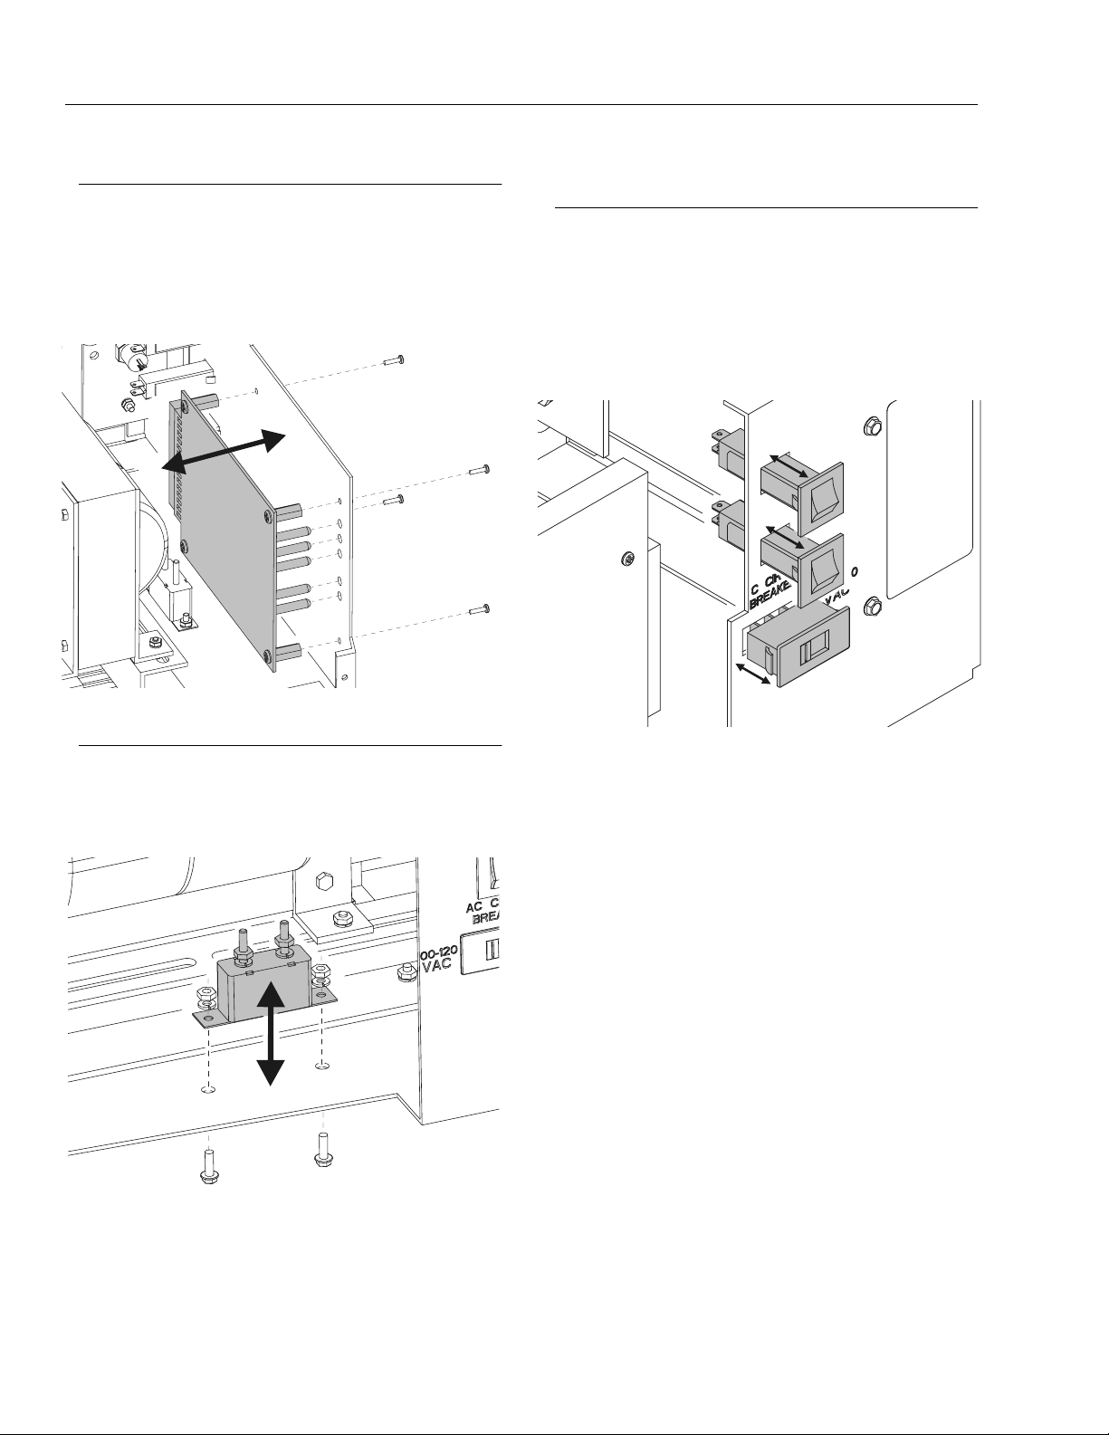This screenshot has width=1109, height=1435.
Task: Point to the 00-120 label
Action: (x=440, y=956)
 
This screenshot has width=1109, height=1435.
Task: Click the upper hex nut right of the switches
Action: (x=873, y=423)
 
